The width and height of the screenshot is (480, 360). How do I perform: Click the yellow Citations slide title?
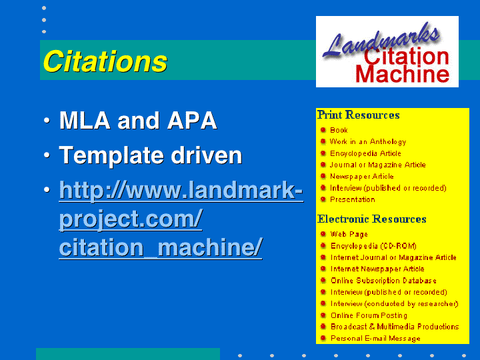pos(105,61)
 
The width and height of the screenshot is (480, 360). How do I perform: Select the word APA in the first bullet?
pos(192,121)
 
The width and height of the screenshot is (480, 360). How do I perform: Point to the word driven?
pos(207,155)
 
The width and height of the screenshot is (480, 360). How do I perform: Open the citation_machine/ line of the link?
pos(161,247)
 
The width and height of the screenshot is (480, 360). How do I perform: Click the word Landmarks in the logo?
pos(382,39)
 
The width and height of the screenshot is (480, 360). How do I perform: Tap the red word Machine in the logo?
pos(402,75)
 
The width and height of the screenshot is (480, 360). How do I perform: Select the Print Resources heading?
pos(358,115)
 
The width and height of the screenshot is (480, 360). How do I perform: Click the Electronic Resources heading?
pos(371,219)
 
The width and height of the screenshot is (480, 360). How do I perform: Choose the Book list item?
pos(339,130)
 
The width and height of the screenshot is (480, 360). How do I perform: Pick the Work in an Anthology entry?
pos(368,142)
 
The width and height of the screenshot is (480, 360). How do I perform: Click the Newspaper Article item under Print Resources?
pos(361,176)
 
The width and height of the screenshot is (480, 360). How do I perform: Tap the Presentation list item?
pos(353,199)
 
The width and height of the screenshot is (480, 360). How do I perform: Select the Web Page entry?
pos(349,235)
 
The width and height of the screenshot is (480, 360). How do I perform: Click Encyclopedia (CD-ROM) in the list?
pos(373,246)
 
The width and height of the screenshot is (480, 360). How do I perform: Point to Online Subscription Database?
pos(383,281)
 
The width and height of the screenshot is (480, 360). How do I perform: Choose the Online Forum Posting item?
pos(369,315)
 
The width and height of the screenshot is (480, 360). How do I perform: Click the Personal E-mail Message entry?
pos(375,339)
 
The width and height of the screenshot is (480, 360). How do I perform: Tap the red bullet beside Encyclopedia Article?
pos(323,153)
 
